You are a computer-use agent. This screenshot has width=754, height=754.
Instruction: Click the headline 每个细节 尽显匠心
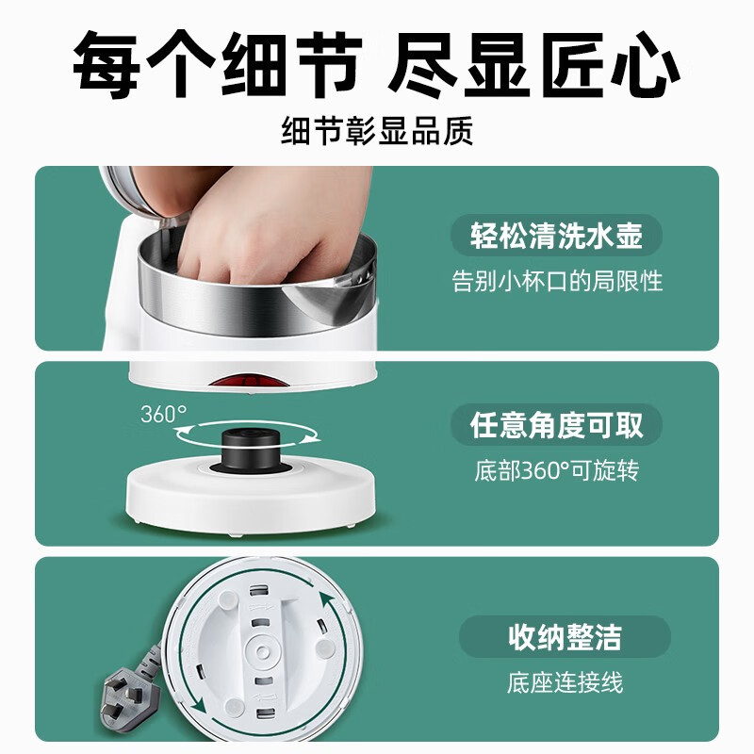[376, 65]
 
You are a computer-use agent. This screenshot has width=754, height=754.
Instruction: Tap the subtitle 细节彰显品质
[377, 131]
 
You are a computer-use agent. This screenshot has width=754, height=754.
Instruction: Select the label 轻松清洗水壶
[556, 236]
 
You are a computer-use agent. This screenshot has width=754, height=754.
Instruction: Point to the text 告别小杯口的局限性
[557, 281]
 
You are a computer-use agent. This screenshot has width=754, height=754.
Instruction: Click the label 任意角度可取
[556, 425]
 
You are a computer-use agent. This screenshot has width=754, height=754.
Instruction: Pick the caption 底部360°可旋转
[557, 470]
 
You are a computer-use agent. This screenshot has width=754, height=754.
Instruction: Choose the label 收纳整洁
[565, 637]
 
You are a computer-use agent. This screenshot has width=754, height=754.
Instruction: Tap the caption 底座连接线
[565, 681]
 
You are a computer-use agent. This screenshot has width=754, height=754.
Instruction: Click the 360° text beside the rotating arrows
[163, 414]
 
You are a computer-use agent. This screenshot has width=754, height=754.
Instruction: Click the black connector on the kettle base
[251, 450]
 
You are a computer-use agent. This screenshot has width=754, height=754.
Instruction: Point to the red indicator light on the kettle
[249, 383]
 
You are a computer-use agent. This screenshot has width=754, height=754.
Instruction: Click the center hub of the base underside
[262, 651]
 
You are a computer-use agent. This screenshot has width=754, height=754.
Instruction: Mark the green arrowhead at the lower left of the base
[197, 705]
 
